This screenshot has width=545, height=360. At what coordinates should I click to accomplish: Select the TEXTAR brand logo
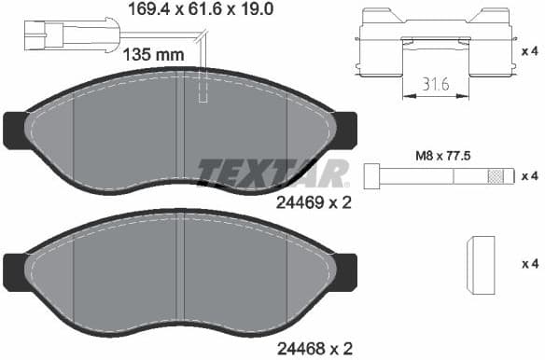[x=273, y=173]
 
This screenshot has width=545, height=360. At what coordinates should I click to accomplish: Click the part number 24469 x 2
[x=314, y=201]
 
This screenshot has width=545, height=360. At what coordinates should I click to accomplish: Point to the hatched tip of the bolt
[x=496, y=175]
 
